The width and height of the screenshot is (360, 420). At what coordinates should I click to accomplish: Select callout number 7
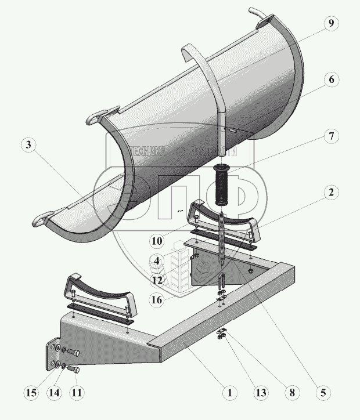coord(330,137)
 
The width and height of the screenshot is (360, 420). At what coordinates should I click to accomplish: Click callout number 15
coord(31,393)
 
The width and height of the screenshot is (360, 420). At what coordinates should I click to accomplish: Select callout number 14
coord(54,393)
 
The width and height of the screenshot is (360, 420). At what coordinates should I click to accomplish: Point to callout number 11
coord(77,393)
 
